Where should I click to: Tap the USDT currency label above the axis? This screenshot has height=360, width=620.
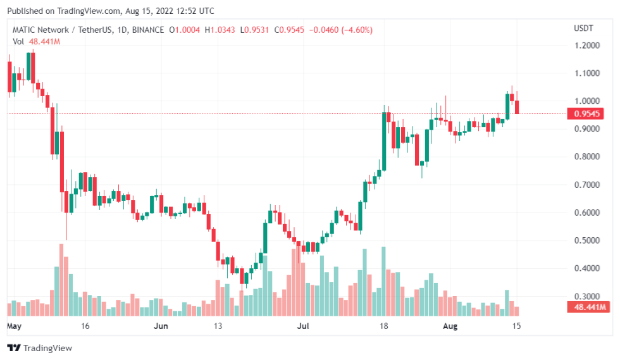pos(583,28)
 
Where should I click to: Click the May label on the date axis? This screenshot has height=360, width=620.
pos(15,326)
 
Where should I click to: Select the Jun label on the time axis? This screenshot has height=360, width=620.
pos(161,326)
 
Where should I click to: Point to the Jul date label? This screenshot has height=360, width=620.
pos(303,326)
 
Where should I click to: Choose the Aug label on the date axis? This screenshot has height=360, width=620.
pos(450,326)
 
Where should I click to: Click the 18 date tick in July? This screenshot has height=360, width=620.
pos(383,326)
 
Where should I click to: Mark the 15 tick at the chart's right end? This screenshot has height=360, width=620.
pos(516,326)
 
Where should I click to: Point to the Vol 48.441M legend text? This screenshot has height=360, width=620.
pos(36,41)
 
